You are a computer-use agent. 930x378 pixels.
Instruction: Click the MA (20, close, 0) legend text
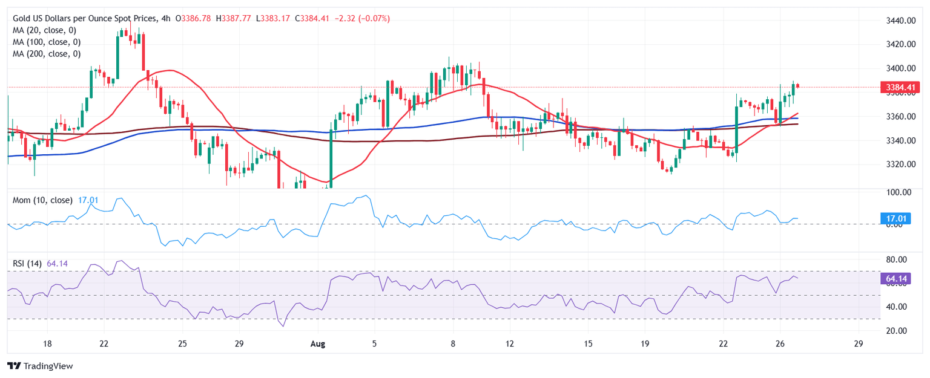click(47, 30)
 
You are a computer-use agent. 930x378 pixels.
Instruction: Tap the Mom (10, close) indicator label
click(42, 200)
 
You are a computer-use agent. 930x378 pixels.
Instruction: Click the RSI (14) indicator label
click(27, 263)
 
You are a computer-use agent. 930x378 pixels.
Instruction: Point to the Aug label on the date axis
click(318, 344)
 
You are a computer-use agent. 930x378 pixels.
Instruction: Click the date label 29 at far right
click(857, 344)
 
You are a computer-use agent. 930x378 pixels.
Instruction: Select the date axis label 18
click(47, 344)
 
